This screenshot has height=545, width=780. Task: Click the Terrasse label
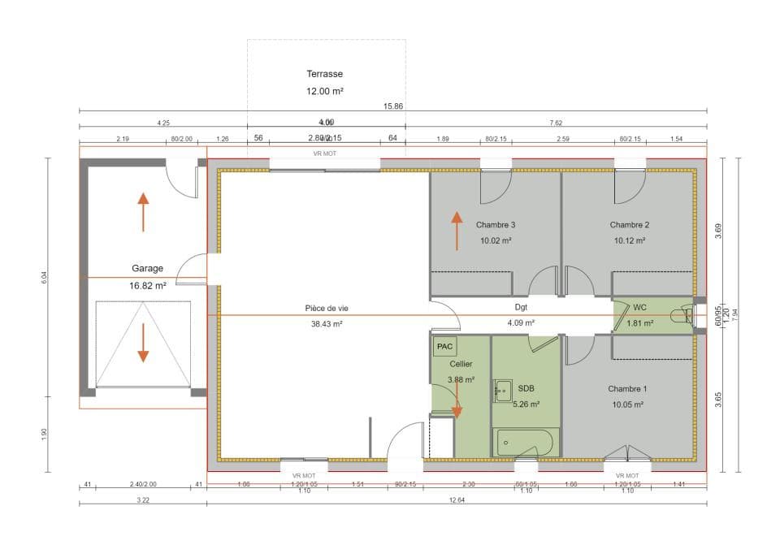click(x=325, y=74)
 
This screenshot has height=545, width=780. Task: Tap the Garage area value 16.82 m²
click(x=147, y=286)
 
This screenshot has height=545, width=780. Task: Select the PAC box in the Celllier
click(x=444, y=347)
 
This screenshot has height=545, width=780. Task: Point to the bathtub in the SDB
click(x=524, y=443)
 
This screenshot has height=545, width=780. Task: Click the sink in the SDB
click(x=502, y=391)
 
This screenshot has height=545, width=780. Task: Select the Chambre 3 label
click(x=496, y=225)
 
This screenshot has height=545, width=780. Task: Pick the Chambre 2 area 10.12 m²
click(x=630, y=240)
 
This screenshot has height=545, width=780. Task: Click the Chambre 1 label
click(x=626, y=389)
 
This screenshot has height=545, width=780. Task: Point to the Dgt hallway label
click(x=521, y=308)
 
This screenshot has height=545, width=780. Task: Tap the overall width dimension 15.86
click(x=393, y=106)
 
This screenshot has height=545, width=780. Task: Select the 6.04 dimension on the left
click(x=45, y=277)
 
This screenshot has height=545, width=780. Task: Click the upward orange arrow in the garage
click(x=143, y=211)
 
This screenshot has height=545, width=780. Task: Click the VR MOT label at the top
click(x=325, y=153)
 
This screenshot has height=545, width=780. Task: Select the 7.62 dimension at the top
click(x=556, y=123)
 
